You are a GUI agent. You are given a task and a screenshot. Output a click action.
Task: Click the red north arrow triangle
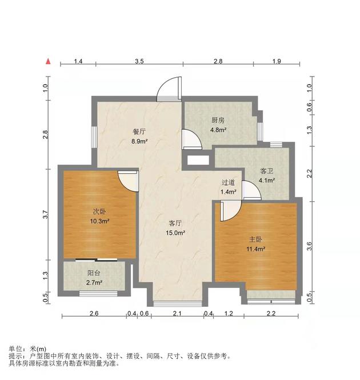[x=48, y=61]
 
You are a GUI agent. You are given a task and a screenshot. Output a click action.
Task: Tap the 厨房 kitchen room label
[x=218, y=120]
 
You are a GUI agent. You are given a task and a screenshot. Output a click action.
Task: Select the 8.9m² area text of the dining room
[x=139, y=141]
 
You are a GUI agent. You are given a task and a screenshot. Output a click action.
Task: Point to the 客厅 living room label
[x=175, y=223]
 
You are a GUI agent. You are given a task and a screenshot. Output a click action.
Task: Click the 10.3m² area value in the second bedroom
[x=99, y=221]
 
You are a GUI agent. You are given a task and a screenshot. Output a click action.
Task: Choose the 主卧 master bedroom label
[x=255, y=239]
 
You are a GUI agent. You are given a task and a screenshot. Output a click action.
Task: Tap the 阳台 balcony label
[x=94, y=273]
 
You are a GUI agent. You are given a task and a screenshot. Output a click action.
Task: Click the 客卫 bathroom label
[x=266, y=171]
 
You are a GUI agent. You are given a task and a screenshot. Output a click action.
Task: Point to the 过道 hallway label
[x=228, y=182]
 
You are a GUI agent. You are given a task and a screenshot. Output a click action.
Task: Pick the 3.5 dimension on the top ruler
[x=139, y=61]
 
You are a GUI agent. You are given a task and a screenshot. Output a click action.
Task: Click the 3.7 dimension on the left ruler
[x=45, y=214]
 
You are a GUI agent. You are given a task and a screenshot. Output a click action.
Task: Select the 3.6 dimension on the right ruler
[x=309, y=246]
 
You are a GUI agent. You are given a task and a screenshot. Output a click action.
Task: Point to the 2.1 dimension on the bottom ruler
[x=177, y=314]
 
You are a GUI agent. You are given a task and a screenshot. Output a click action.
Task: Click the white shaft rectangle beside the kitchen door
[x=198, y=160]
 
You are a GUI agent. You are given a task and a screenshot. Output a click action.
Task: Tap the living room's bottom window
[x=178, y=303]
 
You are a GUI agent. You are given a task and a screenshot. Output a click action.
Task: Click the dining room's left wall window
[x=94, y=138]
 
